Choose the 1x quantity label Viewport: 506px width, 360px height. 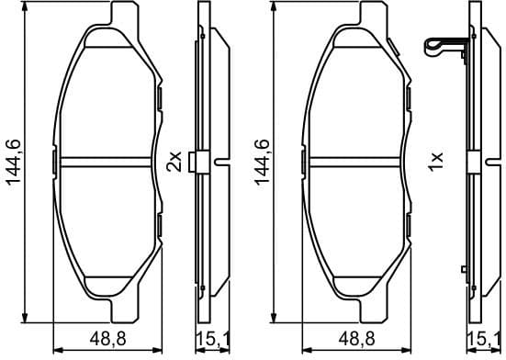coord(436,162)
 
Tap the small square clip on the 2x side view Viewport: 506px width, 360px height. coord(192,162)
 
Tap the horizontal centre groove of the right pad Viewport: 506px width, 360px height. coord(356,162)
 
